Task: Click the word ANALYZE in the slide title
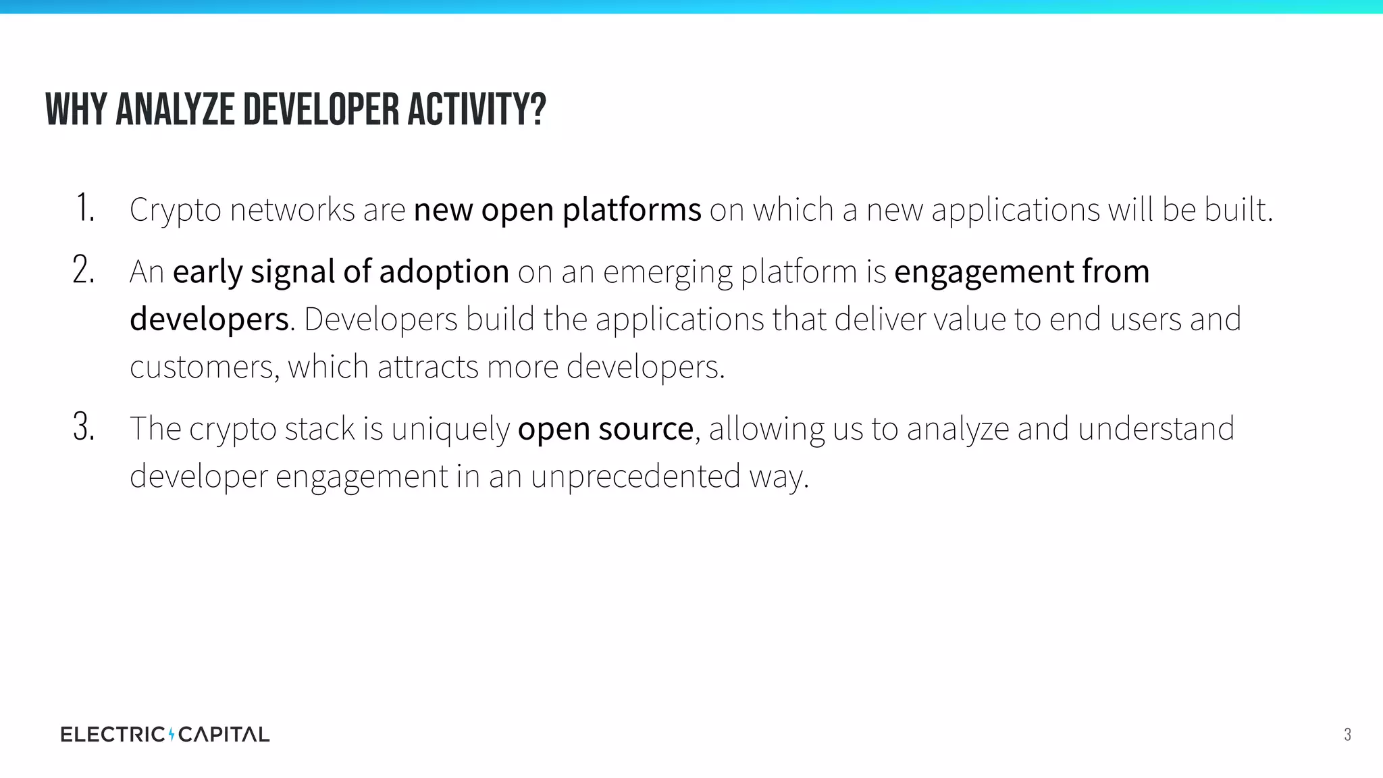(178, 110)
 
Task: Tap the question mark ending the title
(538, 110)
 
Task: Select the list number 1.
(85, 208)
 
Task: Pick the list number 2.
(84, 271)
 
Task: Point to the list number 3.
(84, 427)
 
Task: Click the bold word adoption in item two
(444, 273)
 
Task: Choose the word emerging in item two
(667, 273)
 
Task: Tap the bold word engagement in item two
(983, 273)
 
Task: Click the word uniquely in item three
(450, 430)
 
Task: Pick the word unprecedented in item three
(635, 477)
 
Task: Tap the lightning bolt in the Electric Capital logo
(172, 734)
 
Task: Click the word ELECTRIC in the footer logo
(112, 734)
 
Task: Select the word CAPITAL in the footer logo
(224, 734)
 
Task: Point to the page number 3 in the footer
(1347, 735)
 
